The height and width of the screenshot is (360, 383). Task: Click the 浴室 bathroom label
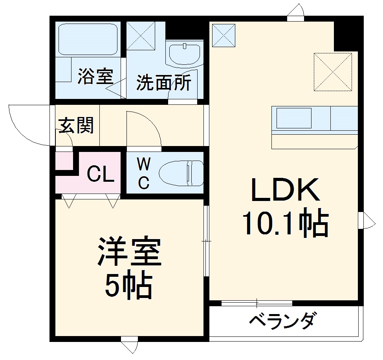(x=95, y=76)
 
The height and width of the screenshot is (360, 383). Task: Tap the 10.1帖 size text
(x=284, y=224)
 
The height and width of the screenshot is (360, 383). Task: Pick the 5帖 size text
(x=128, y=286)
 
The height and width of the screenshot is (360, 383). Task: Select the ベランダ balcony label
(x=282, y=321)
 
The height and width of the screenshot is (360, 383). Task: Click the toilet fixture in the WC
(x=181, y=173)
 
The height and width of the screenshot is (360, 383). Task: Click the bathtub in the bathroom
(x=88, y=39)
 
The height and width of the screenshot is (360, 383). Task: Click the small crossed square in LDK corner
(x=223, y=35)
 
